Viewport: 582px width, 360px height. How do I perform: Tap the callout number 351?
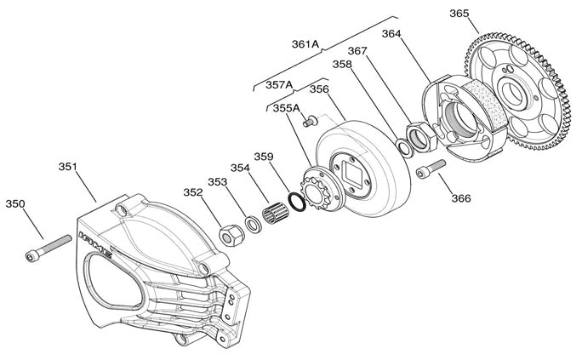pyautogui.click(x=68, y=167)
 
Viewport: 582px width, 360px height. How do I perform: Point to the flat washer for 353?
pyautogui.click(x=254, y=225)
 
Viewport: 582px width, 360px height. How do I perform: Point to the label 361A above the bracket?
pyautogui.click(x=305, y=43)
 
